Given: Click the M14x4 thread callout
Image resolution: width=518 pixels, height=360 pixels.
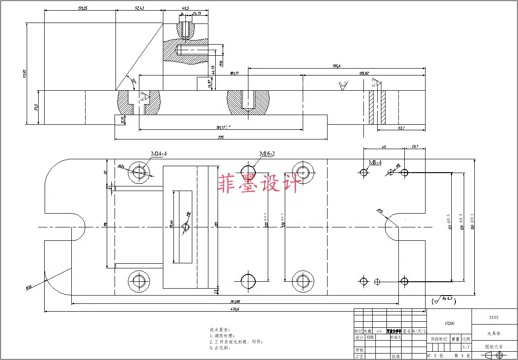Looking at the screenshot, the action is coord(158,154).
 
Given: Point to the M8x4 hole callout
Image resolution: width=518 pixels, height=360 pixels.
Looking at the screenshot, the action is coord(375,163).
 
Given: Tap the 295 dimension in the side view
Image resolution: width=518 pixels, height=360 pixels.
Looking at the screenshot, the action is coord(220,137).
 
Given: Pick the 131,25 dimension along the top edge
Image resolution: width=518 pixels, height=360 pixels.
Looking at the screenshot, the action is coord(83,8).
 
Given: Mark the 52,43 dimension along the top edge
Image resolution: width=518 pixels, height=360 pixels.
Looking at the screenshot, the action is coord(139,8).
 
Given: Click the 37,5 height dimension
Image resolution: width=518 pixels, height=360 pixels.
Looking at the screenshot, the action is coord(35,107).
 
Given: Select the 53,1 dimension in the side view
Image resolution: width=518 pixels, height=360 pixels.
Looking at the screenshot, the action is coord(400,128).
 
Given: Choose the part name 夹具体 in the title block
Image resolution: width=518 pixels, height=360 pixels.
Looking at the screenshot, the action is coord(494,333).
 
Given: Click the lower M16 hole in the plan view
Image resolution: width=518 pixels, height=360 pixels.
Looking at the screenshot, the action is coord(248,280).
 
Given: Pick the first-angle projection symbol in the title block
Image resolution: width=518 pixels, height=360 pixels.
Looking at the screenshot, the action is coord(494,355).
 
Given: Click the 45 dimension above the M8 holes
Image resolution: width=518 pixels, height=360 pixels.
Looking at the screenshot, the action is coord(384,147).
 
